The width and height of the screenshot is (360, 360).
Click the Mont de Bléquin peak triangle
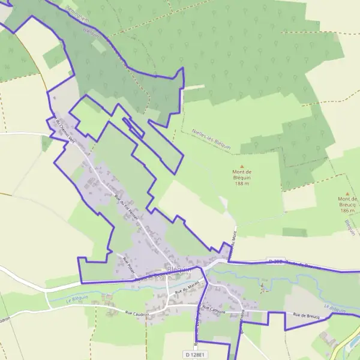tap(242, 167)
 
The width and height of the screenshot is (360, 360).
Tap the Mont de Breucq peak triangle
tap(347, 194)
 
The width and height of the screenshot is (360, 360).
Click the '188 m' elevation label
tap(242, 184)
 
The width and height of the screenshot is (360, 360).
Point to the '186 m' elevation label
tap(347, 211)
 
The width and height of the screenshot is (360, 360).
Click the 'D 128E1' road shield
tap(195, 355)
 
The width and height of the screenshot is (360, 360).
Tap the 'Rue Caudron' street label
tap(137, 313)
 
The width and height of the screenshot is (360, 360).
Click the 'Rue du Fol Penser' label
tap(126, 206)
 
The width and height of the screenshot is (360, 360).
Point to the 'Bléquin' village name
tap(179, 270)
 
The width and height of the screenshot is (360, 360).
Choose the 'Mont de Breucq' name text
tap(347, 202)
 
